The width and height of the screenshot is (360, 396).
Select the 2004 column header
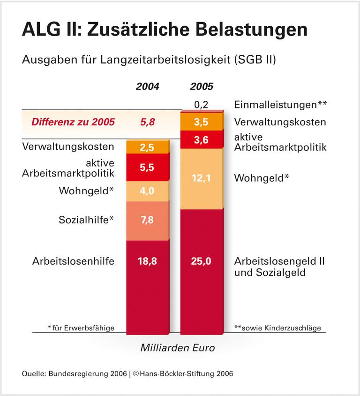[x=148, y=87]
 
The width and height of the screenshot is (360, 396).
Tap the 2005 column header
[x=202, y=87]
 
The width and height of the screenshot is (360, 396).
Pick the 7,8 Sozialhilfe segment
[x=148, y=220]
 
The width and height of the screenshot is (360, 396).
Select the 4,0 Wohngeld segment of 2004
[x=148, y=191]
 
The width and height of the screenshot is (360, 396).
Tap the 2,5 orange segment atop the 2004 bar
[x=148, y=147]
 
